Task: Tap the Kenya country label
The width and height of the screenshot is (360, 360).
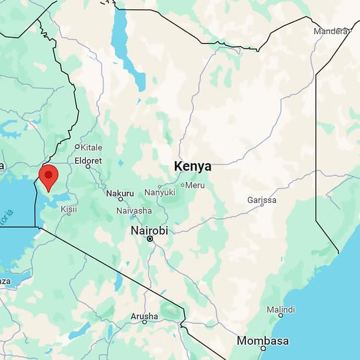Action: point(192,166)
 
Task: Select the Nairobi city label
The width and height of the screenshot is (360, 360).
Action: point(149,230)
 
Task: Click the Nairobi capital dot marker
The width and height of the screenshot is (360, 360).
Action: point(150,239)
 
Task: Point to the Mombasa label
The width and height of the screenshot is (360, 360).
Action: point(262,341)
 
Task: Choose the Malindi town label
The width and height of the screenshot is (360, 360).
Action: point(281,309)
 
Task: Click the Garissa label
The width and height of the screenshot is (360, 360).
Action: point(262,200)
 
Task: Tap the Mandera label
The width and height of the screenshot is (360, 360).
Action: point(331,31)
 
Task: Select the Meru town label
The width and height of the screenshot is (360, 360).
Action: point(195,185)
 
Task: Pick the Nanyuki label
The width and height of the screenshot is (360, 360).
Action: point(160,192)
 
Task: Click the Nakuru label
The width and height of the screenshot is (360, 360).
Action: point(120,193)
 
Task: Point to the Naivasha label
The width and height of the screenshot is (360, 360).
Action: point(134,211)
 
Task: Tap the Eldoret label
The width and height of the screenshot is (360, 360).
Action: point(88,160)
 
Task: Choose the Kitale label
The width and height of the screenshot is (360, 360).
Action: point(91,147)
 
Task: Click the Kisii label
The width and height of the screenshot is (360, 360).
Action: point(69,209)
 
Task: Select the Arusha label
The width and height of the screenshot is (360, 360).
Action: point(144,316)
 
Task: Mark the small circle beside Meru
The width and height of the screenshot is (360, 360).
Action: point(182,185)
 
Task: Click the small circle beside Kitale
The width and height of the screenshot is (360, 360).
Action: point(77,147)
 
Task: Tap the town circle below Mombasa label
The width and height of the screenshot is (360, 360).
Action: point(263,348)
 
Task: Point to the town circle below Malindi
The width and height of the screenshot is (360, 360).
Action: point(281,316)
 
